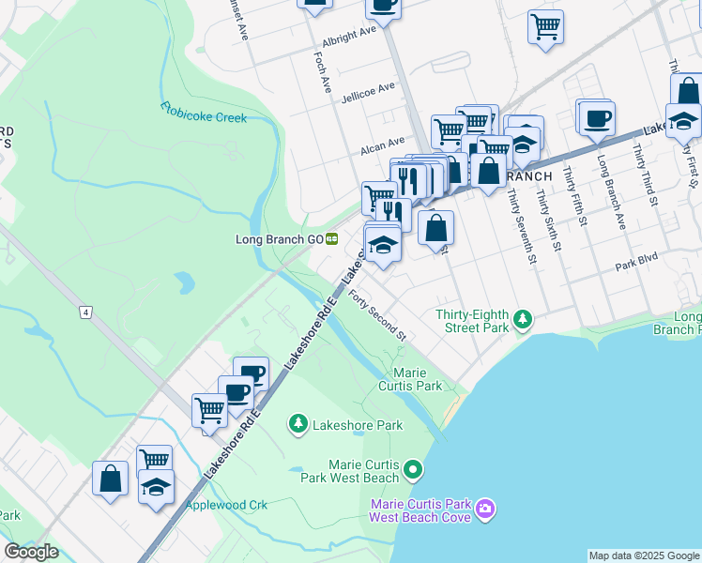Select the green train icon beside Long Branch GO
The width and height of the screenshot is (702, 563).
tap(332, 239)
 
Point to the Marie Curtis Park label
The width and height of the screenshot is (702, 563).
tap(410, 379)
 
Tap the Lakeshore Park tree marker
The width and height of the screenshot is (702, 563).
tap(298, 425)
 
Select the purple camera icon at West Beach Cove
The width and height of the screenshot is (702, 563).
tap(484, 510)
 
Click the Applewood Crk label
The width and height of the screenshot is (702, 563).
tap(226, 505)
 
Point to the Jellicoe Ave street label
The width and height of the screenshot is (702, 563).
tap(368, 92)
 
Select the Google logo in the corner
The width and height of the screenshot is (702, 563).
tap(31, 552)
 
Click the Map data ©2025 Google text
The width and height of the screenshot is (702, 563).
tap(643, 555)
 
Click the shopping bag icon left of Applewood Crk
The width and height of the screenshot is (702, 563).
tap(110, 479)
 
